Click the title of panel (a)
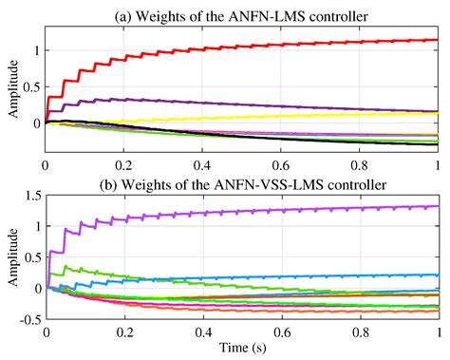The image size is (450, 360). [x=241, y=11]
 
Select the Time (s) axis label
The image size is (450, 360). [x=241, y=349]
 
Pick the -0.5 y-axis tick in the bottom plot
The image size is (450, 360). [x=28, y=318]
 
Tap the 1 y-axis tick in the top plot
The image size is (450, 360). [x=36, y=50]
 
